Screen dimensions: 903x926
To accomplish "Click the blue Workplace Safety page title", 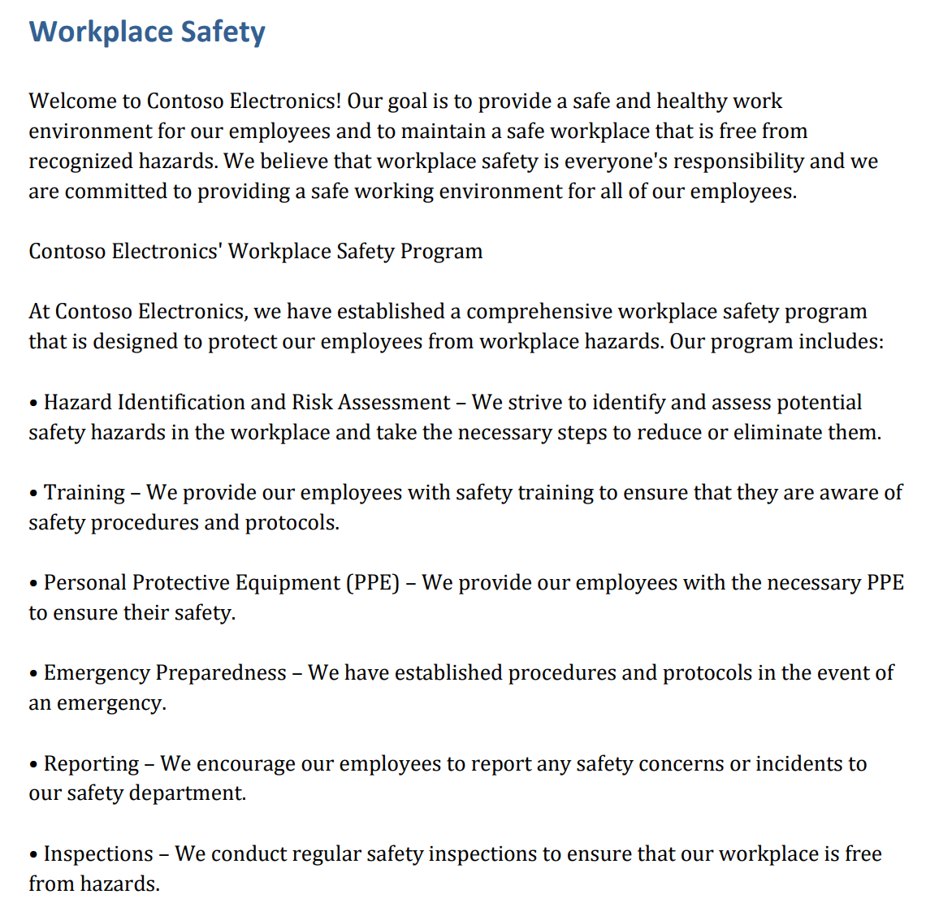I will [147, 32].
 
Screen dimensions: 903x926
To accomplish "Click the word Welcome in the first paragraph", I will [72, 102].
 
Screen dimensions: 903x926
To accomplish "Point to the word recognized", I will [80, 162].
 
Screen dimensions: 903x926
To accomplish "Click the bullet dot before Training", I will [33, 494].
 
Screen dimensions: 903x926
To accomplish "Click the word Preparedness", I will [220, 673].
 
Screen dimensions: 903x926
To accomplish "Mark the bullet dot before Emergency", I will [33, 674].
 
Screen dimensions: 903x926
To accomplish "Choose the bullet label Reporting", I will [91, 764].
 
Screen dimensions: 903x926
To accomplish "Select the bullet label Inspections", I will [98, 854].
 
